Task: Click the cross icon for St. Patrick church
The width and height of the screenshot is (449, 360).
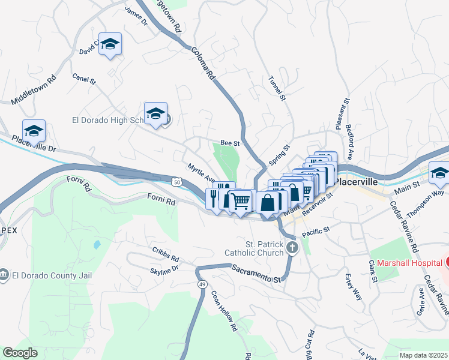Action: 292,248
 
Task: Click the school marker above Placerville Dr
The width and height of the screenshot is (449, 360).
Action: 34,131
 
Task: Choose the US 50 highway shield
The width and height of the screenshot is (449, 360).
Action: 176,181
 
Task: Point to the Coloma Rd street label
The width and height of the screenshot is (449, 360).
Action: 203,64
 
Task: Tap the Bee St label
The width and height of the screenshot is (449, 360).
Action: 230,143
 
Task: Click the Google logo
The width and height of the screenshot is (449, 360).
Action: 20,353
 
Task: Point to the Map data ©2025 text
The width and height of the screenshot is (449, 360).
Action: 424,355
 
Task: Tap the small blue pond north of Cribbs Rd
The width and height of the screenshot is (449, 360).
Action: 97,245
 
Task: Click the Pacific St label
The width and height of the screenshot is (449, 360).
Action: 316,230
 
